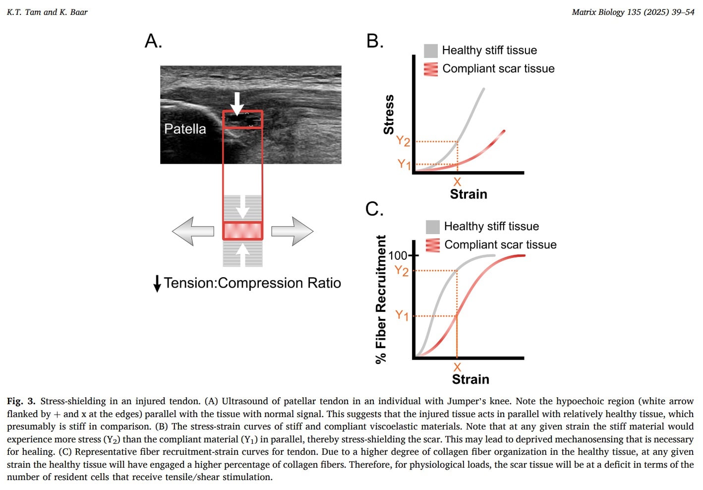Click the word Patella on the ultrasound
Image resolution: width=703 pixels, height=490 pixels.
tap(185, 129)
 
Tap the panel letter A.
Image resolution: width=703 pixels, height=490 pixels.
tap(153, 41)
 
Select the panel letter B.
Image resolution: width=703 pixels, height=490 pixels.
tap(375, 41)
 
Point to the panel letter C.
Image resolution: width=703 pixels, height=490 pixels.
tap(374, 209)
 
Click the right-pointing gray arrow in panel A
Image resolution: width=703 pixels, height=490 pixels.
tap(293, 231)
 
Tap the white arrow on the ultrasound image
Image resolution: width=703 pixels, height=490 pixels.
tap(237, 103)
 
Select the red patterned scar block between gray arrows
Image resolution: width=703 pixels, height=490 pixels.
tap(242, 231)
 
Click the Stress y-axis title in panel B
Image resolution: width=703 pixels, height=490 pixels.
tap(389, 115)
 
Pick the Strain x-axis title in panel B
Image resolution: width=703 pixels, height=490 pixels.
tap(469, 194)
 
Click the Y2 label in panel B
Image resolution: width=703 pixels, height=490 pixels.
tap(403, 141)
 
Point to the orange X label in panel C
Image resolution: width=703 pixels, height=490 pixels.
tap(457, 367)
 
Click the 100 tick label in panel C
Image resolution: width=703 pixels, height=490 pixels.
tap(398, 255)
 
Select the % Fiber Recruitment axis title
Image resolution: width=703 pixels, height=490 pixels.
tap(381, 299)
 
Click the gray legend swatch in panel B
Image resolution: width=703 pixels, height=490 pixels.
tap(431, 51)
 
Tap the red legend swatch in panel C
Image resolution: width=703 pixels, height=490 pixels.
tap(433, 245)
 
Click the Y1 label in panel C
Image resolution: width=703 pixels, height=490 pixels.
tap(402, 315)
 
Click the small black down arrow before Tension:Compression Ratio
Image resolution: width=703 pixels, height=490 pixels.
tap(157, 283)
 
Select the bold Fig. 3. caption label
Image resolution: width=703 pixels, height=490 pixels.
tap(21, 401)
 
